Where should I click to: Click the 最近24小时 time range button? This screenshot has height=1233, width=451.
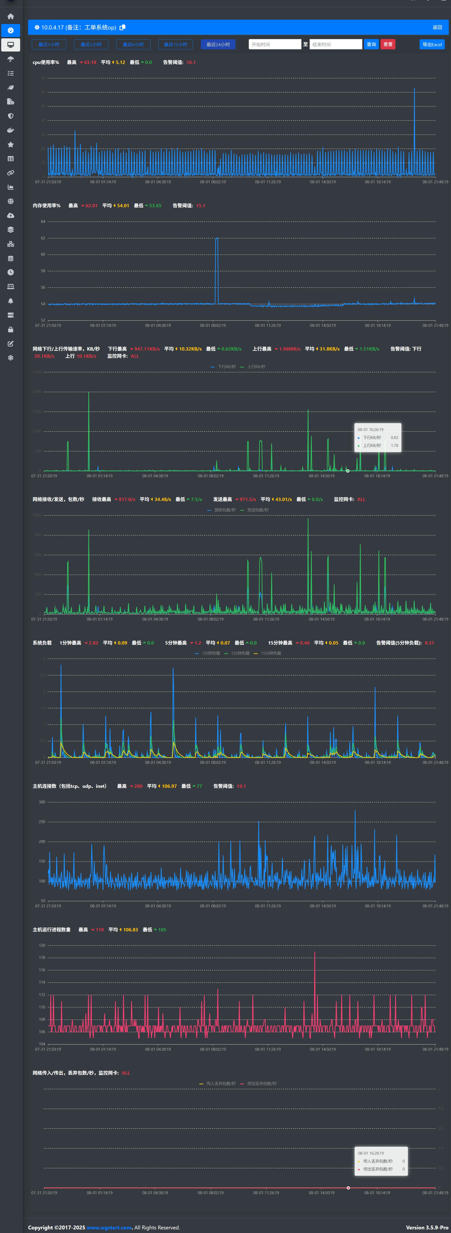tap(218, 45)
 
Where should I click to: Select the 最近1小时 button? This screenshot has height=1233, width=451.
tap(49, 45)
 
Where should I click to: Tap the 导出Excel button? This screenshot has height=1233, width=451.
tap(432, 45)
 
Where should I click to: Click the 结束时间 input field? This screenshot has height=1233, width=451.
tap(336, 45)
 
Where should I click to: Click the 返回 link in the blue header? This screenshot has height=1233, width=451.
tap(437, 27)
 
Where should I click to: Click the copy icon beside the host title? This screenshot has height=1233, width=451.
tap(122, 27)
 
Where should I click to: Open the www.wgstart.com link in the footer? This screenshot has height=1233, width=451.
tap(109, 1224)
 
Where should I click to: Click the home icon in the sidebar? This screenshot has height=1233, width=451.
tap(11, 16)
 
